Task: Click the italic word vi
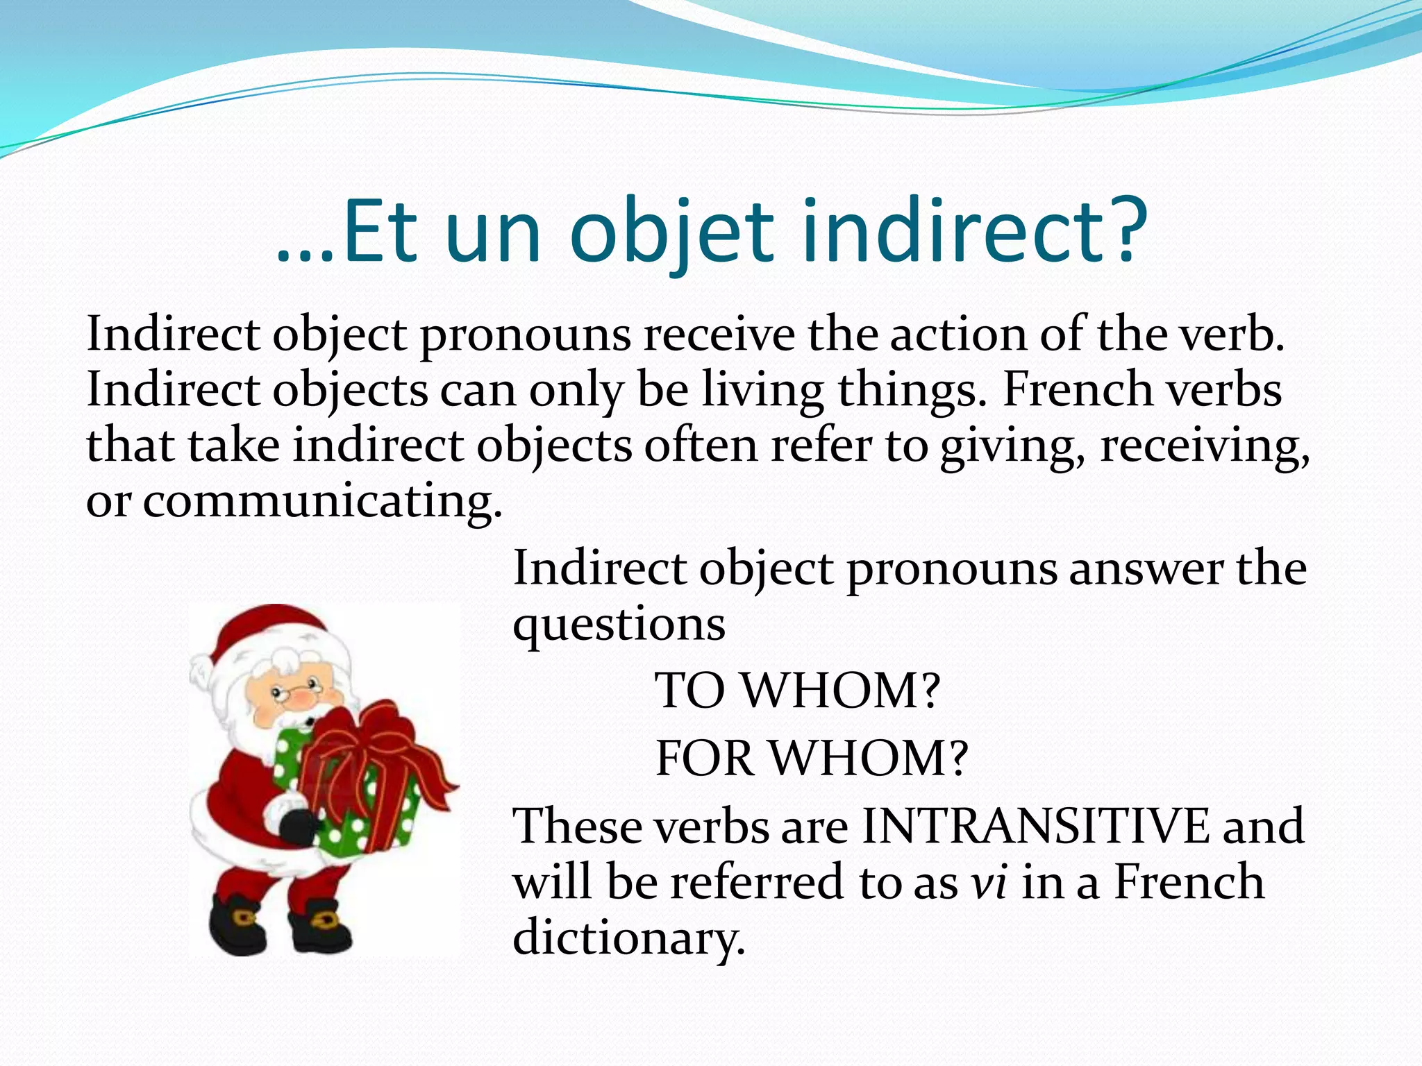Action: pos(989,883)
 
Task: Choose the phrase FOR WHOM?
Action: pos(811,758)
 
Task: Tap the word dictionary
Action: pos(628,938)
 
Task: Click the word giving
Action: pos(1013,446)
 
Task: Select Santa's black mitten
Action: pos(299,826)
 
